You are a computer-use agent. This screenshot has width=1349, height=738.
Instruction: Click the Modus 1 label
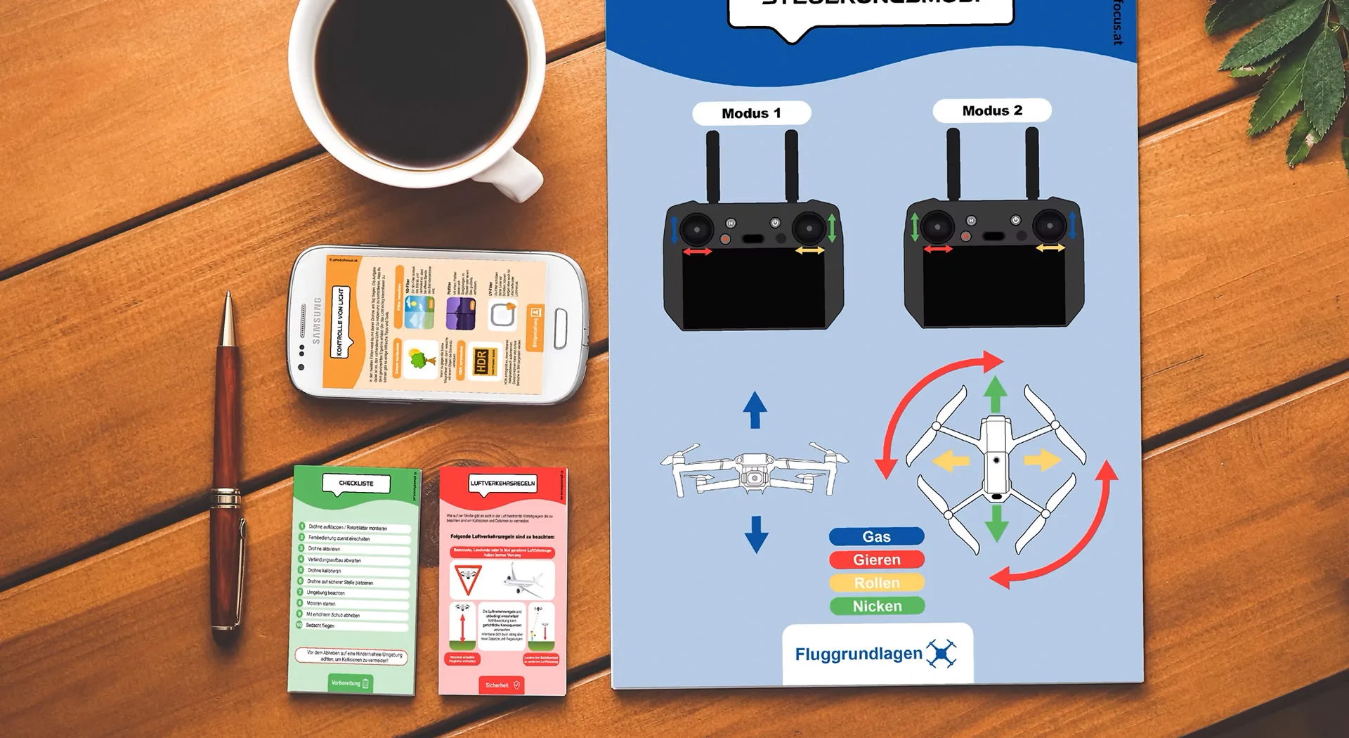[751, 113]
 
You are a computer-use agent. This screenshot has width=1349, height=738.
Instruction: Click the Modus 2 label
[991, 110]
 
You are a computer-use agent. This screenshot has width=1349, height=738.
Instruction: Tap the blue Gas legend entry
[876, 537]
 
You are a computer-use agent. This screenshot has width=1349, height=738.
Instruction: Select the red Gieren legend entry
[876, 560]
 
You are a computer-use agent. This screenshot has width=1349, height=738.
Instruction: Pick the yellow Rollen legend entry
[876, 583]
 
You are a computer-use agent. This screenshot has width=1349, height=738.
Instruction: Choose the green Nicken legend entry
[876, 607]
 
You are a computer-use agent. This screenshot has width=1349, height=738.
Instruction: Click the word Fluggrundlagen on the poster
[858, 654]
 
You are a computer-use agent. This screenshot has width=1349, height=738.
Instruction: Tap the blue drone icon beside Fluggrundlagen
[941, 654]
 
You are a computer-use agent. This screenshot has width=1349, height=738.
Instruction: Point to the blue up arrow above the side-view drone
[755, 410]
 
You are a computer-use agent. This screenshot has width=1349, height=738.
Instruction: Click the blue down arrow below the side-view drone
[756, 534]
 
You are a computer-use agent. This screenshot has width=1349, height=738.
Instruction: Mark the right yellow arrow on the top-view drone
[1042, 460]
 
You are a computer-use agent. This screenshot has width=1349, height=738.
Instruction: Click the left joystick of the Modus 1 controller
[696, 229]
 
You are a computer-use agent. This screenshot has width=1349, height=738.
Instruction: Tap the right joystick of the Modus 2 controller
[1049, 226]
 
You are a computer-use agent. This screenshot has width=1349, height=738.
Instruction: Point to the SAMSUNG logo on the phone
[317, 321]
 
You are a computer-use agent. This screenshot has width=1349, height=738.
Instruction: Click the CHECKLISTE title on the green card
[356, 484]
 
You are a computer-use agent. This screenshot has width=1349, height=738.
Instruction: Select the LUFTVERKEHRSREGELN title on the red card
[502, 484]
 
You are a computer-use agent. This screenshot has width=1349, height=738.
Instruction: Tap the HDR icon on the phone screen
[482, 361]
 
